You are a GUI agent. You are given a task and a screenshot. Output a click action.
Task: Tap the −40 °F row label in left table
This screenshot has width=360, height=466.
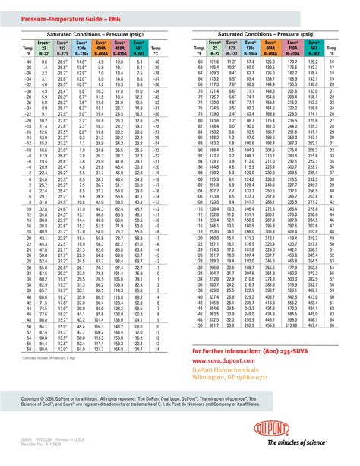click(x=26, y=62)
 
